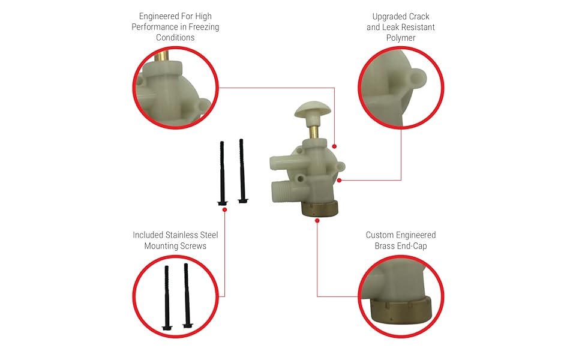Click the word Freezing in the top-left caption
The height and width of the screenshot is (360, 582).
click(202, 26)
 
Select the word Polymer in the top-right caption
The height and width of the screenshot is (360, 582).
click(401, 38)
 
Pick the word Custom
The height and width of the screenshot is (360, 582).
click(379, 235)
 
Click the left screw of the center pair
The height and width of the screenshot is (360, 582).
click(222, 174)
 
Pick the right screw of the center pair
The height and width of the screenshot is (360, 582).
click(242, 171)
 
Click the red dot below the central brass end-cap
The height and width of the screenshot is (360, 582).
click(317, 220)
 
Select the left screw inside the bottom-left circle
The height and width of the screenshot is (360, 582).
click(167, 297)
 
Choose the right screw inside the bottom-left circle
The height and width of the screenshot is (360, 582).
click(187, 295)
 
